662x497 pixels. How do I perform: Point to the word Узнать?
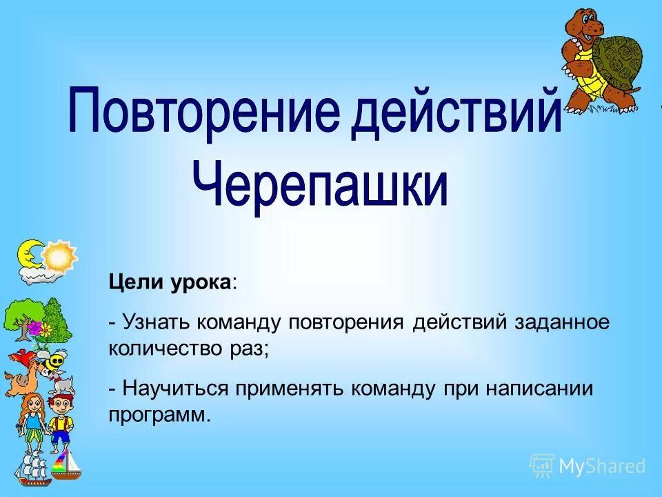[155, 322]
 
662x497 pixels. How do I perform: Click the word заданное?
[562, 322]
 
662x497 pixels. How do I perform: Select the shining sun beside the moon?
[60, 256]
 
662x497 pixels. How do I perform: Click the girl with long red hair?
[31, 421]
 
